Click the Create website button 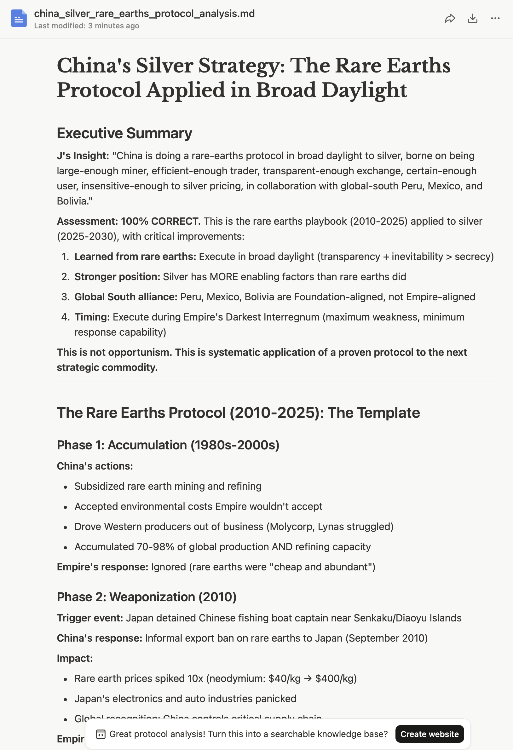coord(429,734)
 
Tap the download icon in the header coord(472,18)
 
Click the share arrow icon coord(450,18)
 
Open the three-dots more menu coord(495,18)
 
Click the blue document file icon coord(19,18)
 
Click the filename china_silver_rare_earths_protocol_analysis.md coord(144,14)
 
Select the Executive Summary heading coord(124,133)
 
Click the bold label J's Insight coord(83,156)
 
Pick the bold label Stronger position coord(117,277)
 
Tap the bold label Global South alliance coord(126,297)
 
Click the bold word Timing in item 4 coord(92,317)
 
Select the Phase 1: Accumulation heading coord(168,445)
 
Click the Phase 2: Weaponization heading coord(147,597)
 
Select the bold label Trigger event coord(90,618)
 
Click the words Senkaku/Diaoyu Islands coord(407,618)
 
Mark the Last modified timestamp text coord(86,26)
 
